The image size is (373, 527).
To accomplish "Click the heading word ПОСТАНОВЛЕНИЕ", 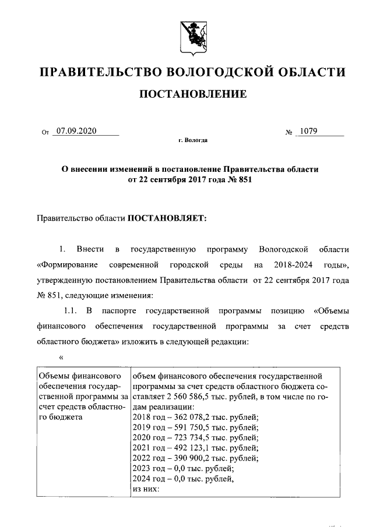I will click(192, 94).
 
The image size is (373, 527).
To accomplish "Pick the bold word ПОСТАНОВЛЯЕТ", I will click(167, 219).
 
